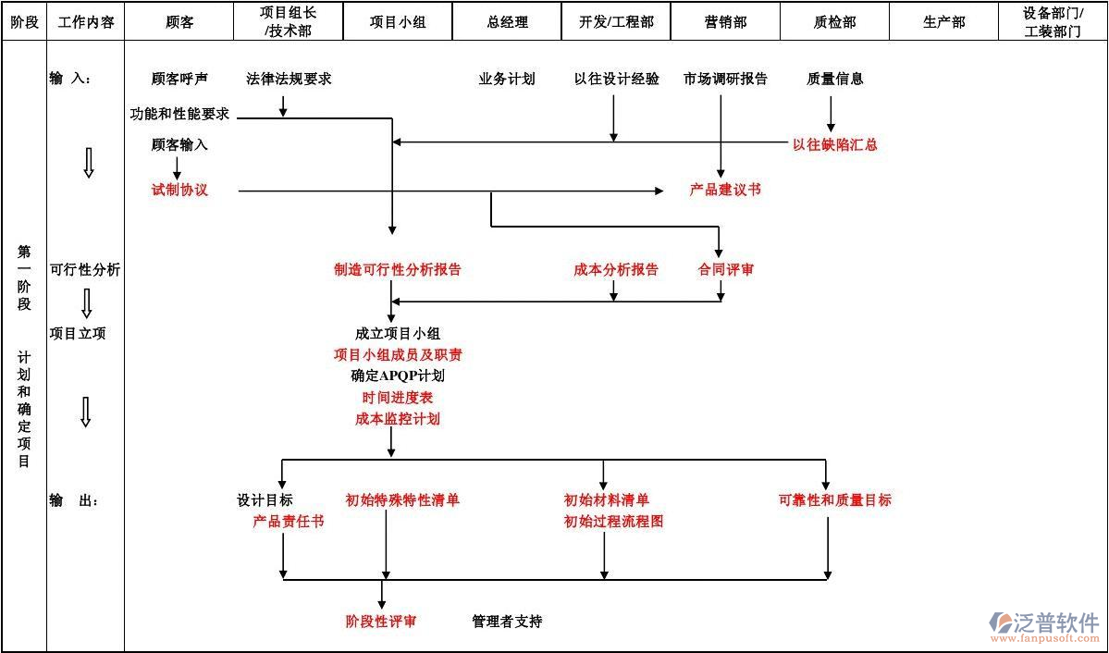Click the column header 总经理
[x=507, y=22]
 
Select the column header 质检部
[x=834, y=22]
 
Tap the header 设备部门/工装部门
[x=1053, y=22]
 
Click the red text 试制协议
[x=179, y=190]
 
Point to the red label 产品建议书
[x=724, y=190]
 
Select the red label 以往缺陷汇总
[x=834, y=144]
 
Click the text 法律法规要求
[x=289, y=79]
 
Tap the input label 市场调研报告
[x=725, y=79]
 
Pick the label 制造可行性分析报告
[x=397, y=270]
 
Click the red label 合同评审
[x=725, y=270]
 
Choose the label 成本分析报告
[x=616, y=270]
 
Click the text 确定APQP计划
[x=397, y=376]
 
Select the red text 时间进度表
[x=397, y=398]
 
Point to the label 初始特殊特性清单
[x=402, y=500]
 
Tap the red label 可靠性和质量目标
[x=834, y=500]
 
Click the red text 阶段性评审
[x=380, y=622]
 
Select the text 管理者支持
[x=507, y=622]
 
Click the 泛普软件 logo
[x=1043, y=625]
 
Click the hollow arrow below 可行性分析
[x=86, y=303]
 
